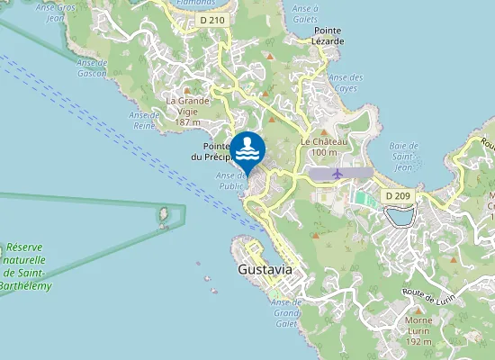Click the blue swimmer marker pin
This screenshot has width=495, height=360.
[x=247, y=148]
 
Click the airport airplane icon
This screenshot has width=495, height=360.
[x=337, y=172]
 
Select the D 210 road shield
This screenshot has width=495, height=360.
[x=212, y=19]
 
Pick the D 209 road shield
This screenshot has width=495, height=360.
[x=397, y=195]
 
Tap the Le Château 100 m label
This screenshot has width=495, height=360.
[x=319, y=147]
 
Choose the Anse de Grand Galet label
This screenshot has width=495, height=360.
[x=286, y=312]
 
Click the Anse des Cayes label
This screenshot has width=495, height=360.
[x=346, y=84]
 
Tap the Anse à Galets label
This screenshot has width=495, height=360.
[x=306, y=13]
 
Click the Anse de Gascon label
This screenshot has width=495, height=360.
[x=93, y=68]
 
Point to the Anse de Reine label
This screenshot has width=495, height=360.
[x=145, y=120]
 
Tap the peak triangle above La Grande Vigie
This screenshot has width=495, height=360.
[x=187, y=91]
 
